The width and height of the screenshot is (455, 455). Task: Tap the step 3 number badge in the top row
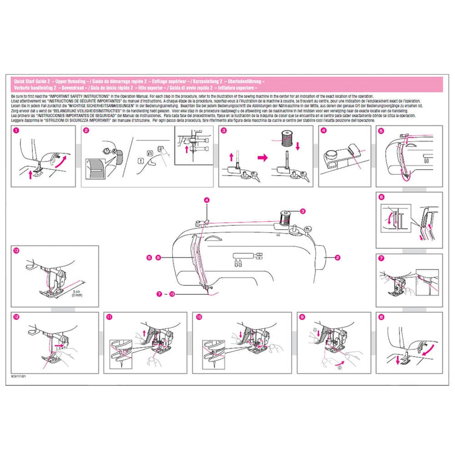[224, 130]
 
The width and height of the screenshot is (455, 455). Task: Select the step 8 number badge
[380, 317]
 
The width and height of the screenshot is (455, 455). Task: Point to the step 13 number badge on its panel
[15, 251]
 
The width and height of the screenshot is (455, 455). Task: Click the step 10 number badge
[198, 317]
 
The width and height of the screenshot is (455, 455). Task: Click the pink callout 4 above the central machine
[207, 200]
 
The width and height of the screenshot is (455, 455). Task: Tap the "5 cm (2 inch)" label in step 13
[78, 293]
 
